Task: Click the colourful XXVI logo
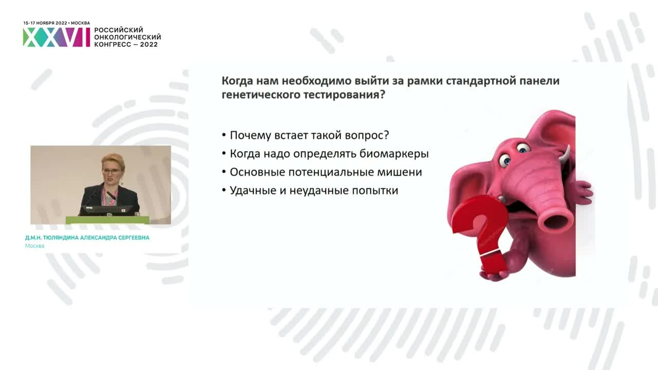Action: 57,38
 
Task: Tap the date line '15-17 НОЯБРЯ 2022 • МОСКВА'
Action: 57,23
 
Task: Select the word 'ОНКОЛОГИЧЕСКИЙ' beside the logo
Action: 127,38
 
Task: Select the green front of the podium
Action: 107,220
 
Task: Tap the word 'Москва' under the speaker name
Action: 35,246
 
